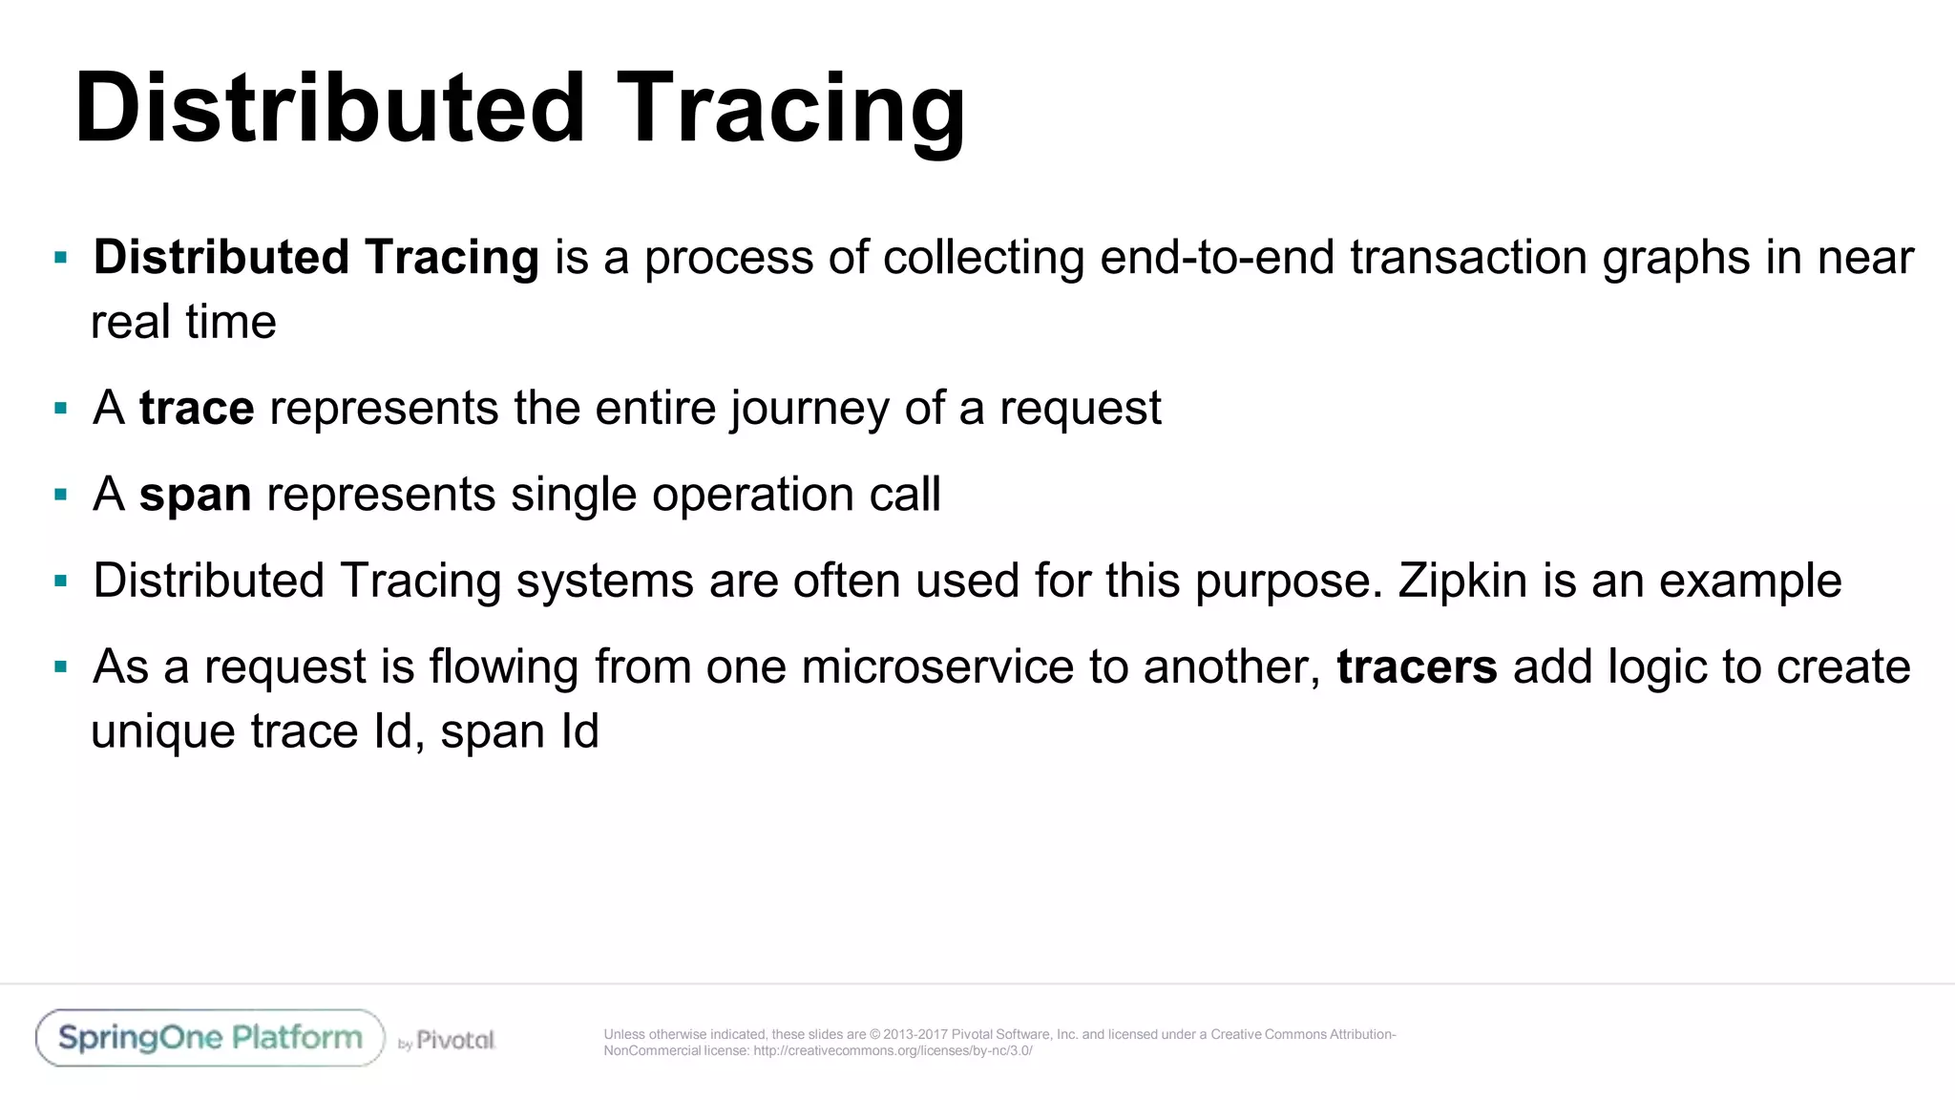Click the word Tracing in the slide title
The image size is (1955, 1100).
point(790,109)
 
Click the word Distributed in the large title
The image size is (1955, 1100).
point(329,109)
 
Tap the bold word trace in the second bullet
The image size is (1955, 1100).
point(197,409)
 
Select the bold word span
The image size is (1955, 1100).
point(195,495)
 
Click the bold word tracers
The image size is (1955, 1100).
point(1417,666)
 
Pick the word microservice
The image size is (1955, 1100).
point(937,666)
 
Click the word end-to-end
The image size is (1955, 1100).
point(1217,258)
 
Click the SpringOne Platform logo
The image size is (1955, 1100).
point(210,1038)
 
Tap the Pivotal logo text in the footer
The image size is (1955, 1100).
point(455,1040)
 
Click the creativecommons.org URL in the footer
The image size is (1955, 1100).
point(893,1051)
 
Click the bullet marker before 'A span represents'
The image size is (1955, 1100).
point(61,495)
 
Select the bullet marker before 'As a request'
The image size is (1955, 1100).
point(61,666)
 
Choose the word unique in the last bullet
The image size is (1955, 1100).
point(163,731)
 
